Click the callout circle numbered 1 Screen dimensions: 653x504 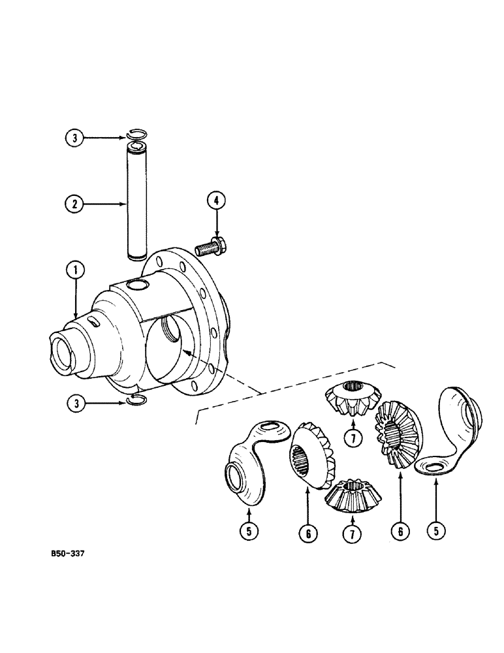point(76,268)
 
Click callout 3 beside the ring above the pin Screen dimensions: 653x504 point(76,138)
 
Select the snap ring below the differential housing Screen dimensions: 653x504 point(137,401)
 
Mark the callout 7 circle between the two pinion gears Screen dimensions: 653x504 point(353,438)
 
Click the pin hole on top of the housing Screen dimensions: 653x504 point(136,286)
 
